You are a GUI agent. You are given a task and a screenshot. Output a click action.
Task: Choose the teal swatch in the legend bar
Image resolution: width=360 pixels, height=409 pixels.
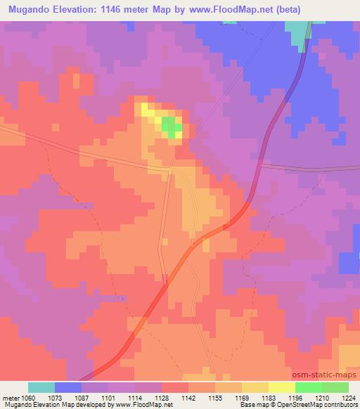pos(41,387)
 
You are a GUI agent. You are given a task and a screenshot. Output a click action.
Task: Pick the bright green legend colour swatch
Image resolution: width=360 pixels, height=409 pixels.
pos(309,387)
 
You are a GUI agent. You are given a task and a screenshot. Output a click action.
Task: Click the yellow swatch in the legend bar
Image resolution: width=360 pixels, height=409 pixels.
pos(282,387)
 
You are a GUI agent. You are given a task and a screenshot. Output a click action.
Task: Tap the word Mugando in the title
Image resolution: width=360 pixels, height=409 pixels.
pos(30,8)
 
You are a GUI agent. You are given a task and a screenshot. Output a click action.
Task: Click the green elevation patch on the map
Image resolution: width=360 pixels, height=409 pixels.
pos(171,126)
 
